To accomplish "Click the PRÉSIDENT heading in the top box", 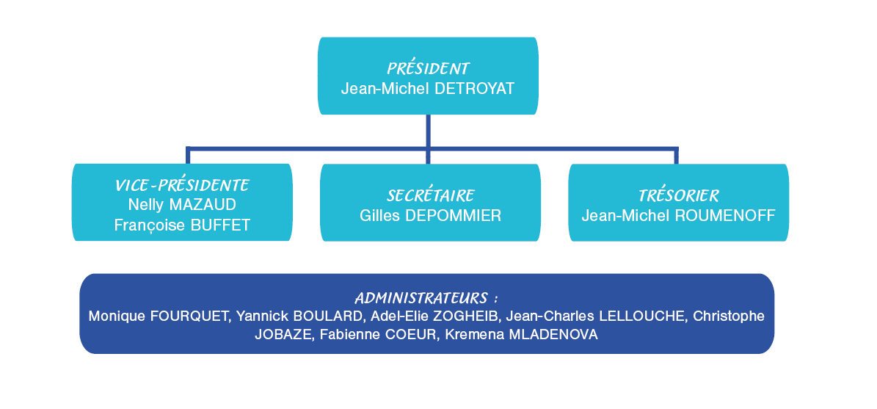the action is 429,69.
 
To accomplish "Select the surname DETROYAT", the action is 474,89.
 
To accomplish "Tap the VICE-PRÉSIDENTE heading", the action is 182,185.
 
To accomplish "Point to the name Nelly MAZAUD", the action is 182,205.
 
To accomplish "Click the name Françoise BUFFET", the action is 182,225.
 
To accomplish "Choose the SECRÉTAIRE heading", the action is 431,195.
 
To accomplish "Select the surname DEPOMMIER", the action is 452,215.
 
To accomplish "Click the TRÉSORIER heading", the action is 679,195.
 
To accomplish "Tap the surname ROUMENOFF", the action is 725,215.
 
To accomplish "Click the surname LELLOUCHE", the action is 642,316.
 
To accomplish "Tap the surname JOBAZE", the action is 283,335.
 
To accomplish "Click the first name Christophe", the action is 729,316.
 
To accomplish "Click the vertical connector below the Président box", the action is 428,139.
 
